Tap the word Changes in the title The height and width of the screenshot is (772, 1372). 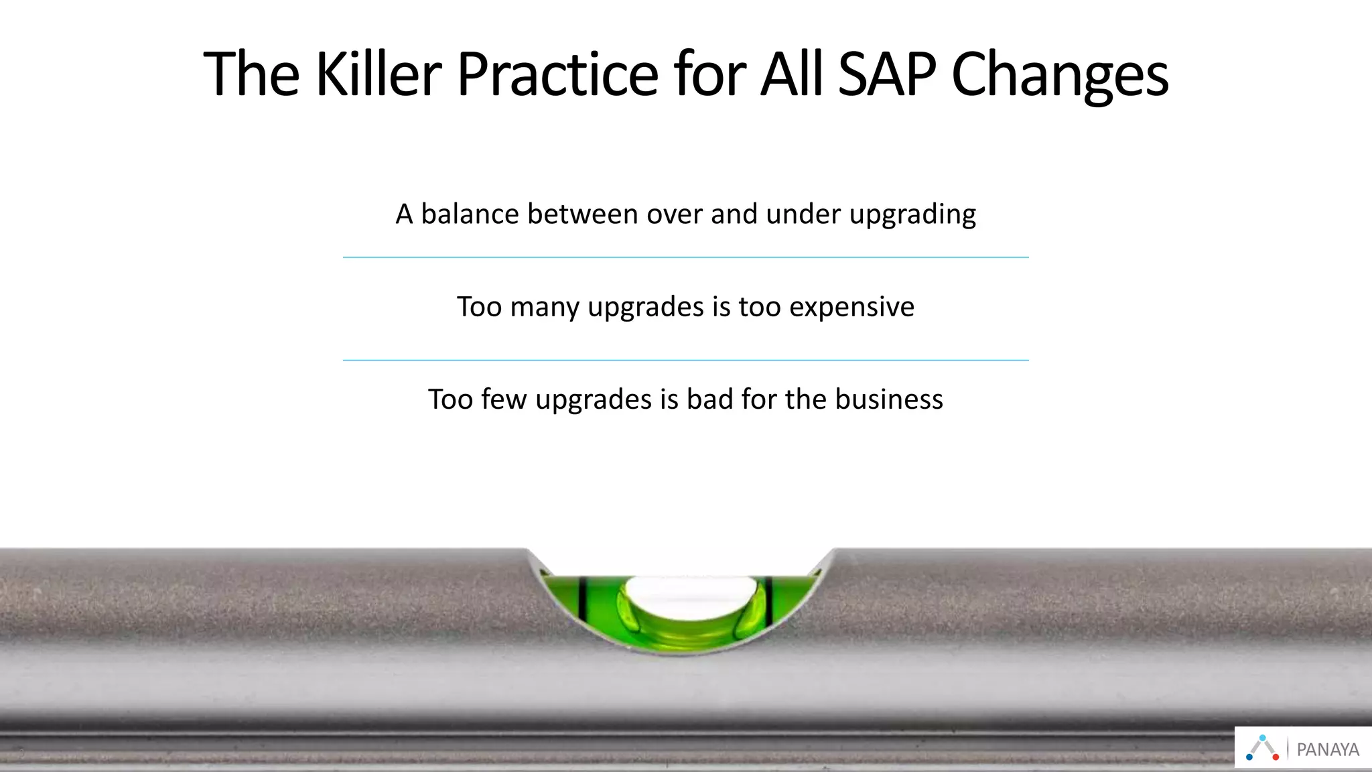click(x=1060, y=75)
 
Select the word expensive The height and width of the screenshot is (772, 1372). click(x=851, y=308)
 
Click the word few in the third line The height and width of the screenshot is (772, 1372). click(x=504, y=399)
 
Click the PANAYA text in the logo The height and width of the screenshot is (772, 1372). click(x=1328, y=750)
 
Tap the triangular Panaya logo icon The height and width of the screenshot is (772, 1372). click(x=1263, y=748)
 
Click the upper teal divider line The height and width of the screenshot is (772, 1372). click(x=686, y=257)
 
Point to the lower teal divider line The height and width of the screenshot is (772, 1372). click(x=686, y=361)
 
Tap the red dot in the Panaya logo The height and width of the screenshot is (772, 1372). click(x=1276, y=757)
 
